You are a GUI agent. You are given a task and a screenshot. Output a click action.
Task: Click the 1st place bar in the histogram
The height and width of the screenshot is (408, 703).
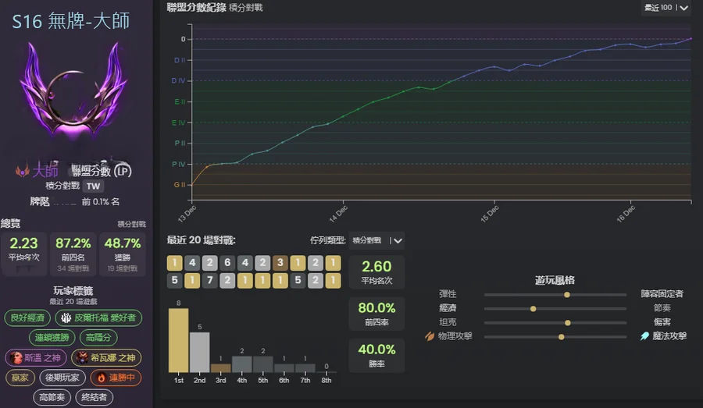click(179, 340)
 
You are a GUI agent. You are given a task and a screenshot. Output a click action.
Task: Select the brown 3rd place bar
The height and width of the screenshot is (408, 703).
click(221, 367)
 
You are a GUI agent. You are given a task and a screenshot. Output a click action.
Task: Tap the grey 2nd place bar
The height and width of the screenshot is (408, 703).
click(200, 352)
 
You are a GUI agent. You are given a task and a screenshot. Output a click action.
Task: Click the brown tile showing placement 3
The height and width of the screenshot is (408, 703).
click(280, 263)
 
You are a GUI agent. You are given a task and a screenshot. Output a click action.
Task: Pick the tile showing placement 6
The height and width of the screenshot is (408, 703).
click(227, 263)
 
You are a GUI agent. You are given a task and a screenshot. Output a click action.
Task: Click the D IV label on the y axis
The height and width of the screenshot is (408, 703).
click(178, 80)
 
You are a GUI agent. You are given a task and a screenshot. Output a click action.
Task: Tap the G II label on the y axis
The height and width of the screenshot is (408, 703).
click(178, 185)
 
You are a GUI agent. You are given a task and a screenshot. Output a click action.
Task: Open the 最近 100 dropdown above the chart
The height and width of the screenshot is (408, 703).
click(666, 8)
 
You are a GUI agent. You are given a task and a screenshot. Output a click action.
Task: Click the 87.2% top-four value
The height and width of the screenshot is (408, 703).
click(73, 243)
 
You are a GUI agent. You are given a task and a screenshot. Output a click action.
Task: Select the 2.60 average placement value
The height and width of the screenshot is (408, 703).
click(376, 267)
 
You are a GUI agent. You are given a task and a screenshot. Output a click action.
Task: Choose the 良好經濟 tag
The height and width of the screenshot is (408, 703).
click(28, 318)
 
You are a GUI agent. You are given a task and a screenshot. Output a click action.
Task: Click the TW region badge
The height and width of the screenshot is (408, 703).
click(93, 186)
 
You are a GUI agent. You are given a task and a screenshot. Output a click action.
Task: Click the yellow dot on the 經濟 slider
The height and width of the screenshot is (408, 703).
click(533, 309)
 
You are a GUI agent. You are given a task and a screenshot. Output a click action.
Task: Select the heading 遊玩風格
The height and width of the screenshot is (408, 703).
click(555, 280)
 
